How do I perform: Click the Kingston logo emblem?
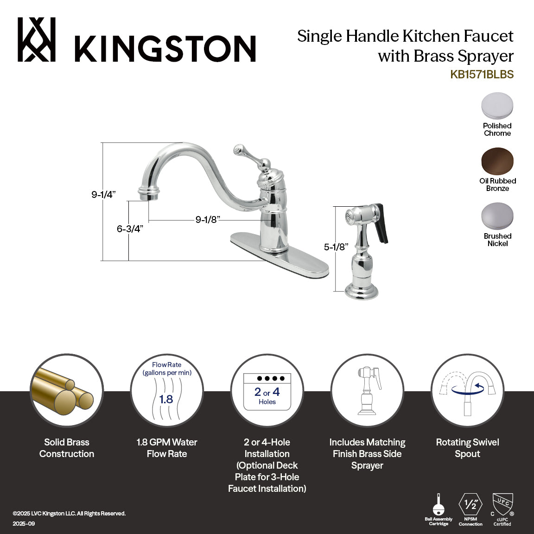pyautogui.click(x=37, y=40)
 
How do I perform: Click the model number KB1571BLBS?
pyautogui.click(x=482, y=75)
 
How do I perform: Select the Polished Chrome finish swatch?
pyautogui.click(x=497, y=106)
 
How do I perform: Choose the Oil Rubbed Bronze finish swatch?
pyautogui.click(x=497, y=161)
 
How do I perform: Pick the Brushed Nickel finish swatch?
pyautogui.click(x=497, y=216)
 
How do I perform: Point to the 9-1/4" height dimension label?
pyautogui.click(x=103, y=195)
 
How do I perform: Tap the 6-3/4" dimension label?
pyautogui.click(x=130, y=229)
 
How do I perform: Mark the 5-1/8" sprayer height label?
pyautogui.click(x=336, y=247)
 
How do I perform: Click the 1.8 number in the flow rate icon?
pyautogui.click(x=166, y=399)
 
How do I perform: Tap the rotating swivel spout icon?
pyautogui.click(x=467, y=391)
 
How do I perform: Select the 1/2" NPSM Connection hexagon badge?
pyautogui.click(x=470, y=504)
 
